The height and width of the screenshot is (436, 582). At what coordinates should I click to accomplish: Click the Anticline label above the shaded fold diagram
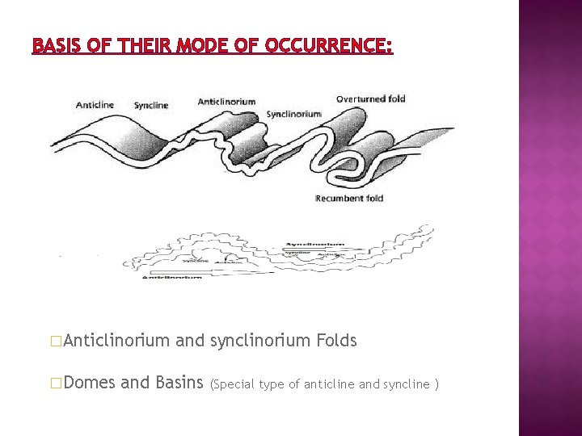[x=95, y=105]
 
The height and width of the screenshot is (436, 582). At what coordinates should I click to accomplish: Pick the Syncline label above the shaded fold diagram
[x=151, y=105]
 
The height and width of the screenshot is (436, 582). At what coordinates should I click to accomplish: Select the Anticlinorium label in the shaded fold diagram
[x=226, y=101]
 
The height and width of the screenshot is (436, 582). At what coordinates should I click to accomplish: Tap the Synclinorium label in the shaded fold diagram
[x=293, y=114]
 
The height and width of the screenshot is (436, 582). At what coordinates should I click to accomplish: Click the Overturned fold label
[x=370, y=99]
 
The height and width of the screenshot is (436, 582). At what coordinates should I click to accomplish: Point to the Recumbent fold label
[x=349, y=199]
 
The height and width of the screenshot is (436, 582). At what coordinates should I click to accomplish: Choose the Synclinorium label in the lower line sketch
[x=315, y=243]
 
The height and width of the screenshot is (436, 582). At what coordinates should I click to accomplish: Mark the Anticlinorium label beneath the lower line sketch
[x=171, y=277]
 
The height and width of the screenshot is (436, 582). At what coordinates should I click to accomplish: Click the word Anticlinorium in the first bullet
[x=116, y=341]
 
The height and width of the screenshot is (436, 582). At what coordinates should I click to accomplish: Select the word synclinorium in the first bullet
[x=260, y=341]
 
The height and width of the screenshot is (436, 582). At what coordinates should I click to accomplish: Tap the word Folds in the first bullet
[x=336, y=341]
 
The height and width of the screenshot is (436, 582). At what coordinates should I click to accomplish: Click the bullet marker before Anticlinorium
[x=55, y=342]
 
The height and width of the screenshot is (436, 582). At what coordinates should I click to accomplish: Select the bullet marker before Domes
[x=55, y=383]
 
